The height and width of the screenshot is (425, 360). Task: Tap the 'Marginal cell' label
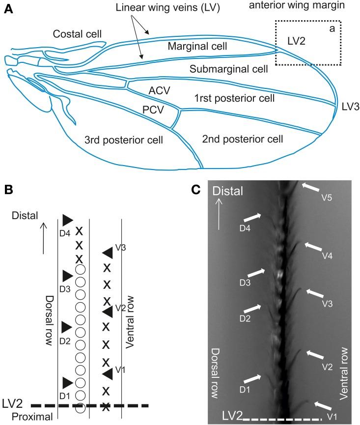point(197,47)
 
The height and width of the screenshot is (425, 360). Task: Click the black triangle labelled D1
point(67,381)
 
